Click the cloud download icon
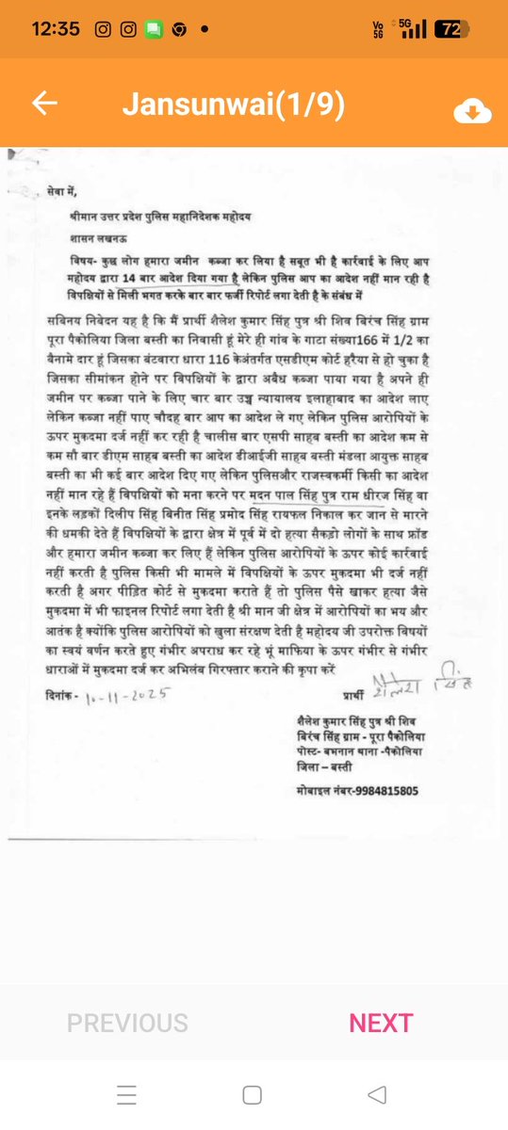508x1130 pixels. point(472,111)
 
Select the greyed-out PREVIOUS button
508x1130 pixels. point(127,1023)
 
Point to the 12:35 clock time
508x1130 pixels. point(56,29)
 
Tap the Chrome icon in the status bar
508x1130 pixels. point(177,29)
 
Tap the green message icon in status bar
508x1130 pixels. point(153,29)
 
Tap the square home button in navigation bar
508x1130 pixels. point(253,1094)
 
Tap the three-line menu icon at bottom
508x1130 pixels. point(127,1094)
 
